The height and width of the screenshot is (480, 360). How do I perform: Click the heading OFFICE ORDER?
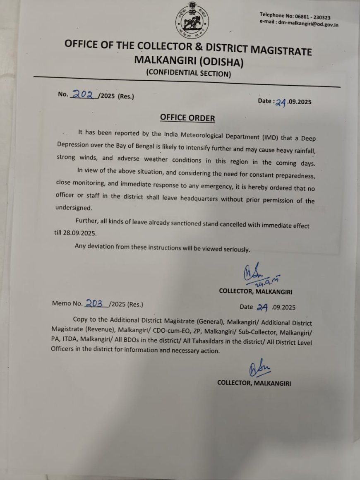point(187,118)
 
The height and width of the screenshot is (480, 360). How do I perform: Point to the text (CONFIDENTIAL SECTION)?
point(188,74)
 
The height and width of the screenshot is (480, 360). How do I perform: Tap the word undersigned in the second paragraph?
point(73,208)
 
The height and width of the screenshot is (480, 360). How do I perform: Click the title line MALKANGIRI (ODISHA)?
point(189,62)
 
